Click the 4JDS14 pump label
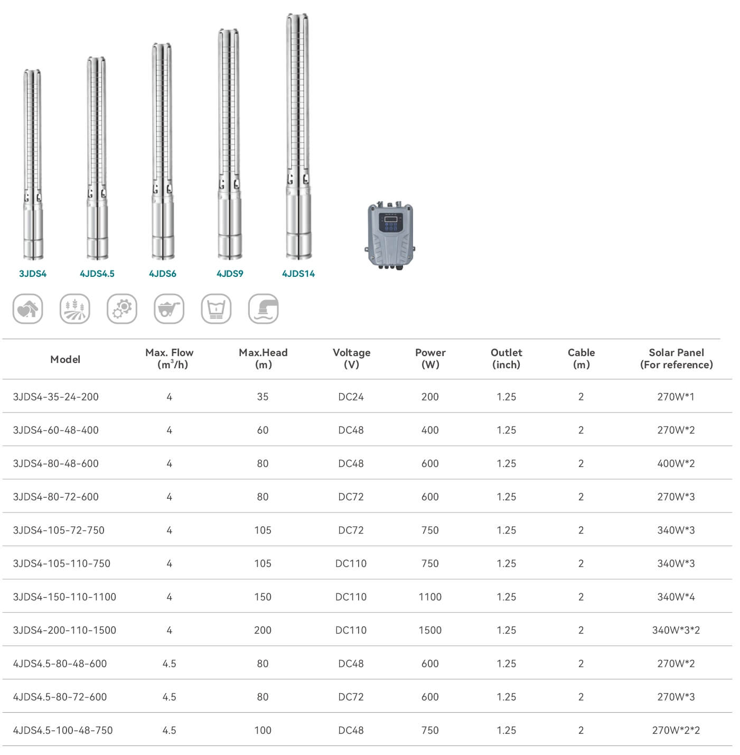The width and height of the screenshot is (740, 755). [298, 274]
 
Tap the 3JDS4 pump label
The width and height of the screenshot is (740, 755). [33, 274]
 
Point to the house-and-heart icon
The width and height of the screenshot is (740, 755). [28, 309]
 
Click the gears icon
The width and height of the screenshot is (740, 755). [122, 309]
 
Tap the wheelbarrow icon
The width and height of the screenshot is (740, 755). [169, 309]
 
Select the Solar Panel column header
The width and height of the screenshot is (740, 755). [676, 359]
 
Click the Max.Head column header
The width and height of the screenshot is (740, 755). [263, 359]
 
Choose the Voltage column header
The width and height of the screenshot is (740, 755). [351, 359]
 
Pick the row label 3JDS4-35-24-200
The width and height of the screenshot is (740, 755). [56, 397]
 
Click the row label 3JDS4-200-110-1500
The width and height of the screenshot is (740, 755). [64, 630]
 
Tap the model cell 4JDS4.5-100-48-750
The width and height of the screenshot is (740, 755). [63, 730]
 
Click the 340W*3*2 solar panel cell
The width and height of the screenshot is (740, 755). [676, 630]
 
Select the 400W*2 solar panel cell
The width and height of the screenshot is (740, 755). [676, 463]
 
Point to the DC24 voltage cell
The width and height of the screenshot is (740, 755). [351, 397]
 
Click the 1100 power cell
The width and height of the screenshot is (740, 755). [430, 597]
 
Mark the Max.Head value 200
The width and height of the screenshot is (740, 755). [263, 630]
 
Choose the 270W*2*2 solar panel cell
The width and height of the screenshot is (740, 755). [676, 730]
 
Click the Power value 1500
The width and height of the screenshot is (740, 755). [430, 630]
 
